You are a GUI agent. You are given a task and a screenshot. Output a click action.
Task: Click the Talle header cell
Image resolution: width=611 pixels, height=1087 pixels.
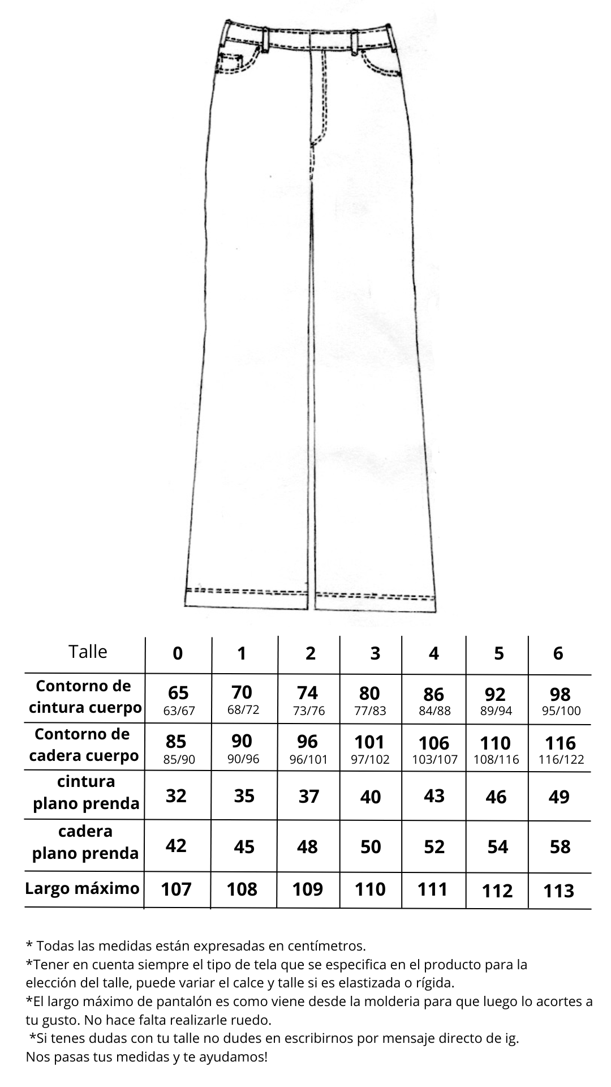[x=88, y=652]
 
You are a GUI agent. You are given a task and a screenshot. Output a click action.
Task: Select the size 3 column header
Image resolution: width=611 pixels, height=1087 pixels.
[x=375, y=653]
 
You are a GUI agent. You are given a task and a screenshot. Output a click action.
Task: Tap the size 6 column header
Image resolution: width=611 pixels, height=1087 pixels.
[x=558, y=653]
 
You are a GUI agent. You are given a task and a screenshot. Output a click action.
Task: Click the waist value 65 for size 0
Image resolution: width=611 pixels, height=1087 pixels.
[x=178, y=693]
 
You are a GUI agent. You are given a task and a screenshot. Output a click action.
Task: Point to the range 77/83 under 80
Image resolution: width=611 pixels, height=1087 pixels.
[x=370, y=711]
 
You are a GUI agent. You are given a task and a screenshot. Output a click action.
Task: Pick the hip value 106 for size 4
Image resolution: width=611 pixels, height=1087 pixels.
[x=434, y=743]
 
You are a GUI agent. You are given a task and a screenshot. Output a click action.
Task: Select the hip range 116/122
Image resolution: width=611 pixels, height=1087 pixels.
[x=561, y=760]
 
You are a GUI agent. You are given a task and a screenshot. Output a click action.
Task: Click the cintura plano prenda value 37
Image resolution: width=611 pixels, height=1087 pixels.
[x=309, y=797]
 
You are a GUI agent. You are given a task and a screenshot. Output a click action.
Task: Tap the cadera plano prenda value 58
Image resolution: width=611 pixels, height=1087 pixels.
[x=560, y=847]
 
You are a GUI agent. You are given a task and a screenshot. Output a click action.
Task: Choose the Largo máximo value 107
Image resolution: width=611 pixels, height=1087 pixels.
[x=177, y=889]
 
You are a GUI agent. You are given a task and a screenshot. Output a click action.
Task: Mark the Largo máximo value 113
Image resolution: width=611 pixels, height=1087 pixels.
[x=558, y=891]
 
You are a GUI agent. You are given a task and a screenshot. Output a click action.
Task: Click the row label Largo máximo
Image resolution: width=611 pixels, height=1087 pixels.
[x=82, y=888]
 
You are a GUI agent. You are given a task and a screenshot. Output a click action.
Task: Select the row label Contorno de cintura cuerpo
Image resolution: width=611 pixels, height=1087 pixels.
[x=84, y=697]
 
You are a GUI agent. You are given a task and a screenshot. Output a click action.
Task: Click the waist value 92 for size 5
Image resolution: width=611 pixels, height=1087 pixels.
[x=496, y=694]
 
